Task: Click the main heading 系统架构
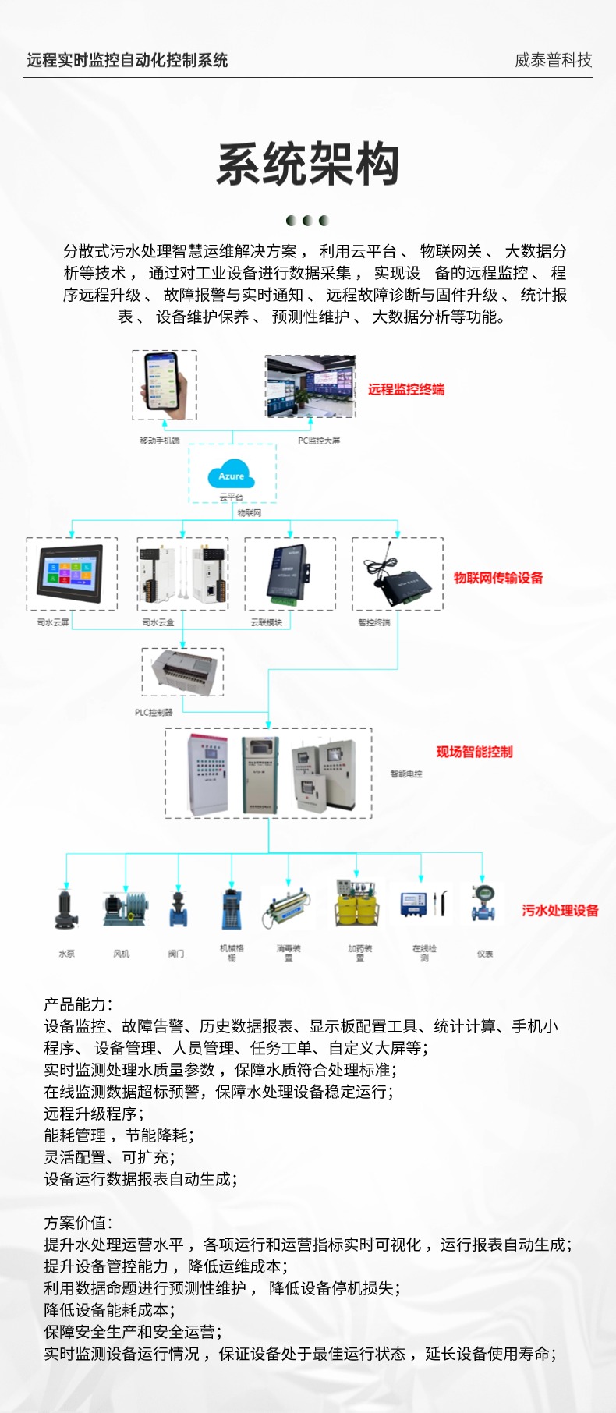click(x=308, y=165)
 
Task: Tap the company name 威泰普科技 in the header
click(x=553, y=60)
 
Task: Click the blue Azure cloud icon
click(x=231, y=475)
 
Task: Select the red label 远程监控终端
click(x=406, y=389)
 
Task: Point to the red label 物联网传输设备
click(x=498, y=578)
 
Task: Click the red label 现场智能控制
click(x=474, y=752)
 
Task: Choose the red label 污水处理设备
click(x=560, y=910)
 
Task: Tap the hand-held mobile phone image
click(x=165, y=384)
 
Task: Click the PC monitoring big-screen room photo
click(x=310, y=386)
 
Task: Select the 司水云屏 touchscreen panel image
click(x=72, y=573)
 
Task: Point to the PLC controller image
click(x=182, y=672)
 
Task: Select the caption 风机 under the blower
click(x=122, y=954)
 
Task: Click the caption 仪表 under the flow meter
click(x=484, y=954)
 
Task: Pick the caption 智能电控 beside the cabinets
click(x=406, y=774)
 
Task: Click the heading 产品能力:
click(x=78, y=1004)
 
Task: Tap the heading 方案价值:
click(x=78, y=1223)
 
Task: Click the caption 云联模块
click(x=266, y=622)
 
